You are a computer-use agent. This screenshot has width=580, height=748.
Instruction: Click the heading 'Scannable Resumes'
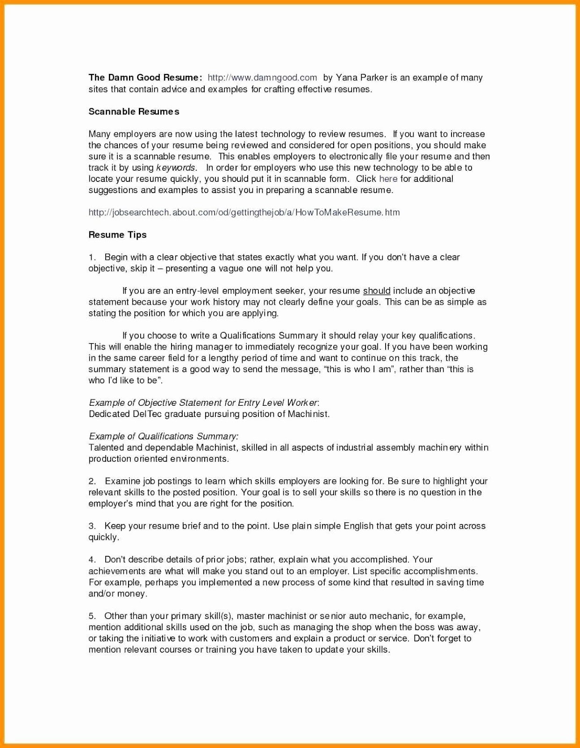point(134,112)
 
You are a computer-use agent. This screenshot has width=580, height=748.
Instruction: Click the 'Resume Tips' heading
point(117,235)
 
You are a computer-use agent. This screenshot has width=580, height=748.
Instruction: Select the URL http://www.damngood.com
point(262,78)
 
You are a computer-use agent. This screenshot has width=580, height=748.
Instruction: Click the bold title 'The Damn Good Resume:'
point(145,78)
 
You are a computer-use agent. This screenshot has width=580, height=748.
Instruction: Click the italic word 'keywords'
point(176,168)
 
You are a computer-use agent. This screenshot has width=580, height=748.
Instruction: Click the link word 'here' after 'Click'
point(388,179)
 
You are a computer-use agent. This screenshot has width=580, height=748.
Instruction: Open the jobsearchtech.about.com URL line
point(244,212)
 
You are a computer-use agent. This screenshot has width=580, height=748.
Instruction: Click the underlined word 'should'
point(377,291)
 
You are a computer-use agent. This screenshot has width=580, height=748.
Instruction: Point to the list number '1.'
point(92,258)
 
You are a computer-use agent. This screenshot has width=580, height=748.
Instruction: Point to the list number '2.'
point(92,482)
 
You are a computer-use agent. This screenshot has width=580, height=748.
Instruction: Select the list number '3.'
point(92,526)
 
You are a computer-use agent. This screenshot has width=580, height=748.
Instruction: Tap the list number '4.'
point(92,560)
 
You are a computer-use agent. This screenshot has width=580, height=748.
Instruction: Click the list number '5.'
point(92,616)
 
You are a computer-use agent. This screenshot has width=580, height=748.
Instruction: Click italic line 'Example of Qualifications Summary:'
point(164,437)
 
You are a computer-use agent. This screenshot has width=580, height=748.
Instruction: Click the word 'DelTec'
point(147,414)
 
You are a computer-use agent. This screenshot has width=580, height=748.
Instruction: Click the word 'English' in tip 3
point(358,526)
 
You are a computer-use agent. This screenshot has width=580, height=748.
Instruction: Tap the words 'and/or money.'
point(118,594)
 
